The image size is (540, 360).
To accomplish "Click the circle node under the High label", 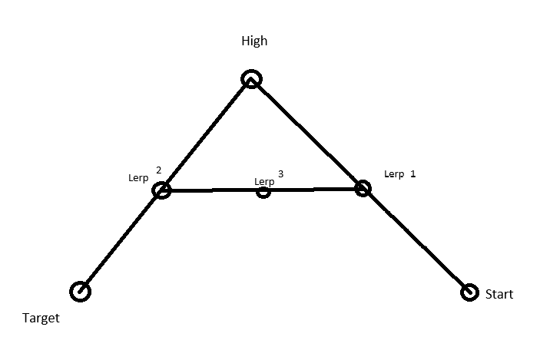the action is coord(251,78).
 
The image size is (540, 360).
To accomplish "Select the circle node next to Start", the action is coord(469,292).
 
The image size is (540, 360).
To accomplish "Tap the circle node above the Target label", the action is coord(80,291).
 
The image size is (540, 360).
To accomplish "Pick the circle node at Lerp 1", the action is coord(363,187).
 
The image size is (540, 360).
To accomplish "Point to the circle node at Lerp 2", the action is coord(161,190).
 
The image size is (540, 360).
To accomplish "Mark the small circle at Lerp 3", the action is coord(263,191).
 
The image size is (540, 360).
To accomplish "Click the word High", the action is coord(254,41).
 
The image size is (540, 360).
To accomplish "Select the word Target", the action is coord(41,318).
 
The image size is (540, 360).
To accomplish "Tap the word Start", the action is coord(499,294).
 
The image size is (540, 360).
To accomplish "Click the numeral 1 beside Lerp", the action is coord(412,174).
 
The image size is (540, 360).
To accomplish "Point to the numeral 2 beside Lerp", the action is coord(158,170).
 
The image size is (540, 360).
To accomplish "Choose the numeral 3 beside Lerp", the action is coord(280,174).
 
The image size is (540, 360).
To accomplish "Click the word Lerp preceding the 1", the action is coord(393,174).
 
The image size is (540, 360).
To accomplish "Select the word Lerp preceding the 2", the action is coord(138,178).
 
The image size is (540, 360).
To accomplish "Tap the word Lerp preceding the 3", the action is coord(264,181).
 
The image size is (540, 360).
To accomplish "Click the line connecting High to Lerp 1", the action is coord(307,133).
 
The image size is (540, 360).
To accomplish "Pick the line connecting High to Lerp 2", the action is coord(206,134).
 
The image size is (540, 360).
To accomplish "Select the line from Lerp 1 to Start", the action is coord(416,239).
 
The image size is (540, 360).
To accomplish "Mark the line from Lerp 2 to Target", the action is coord(121,240).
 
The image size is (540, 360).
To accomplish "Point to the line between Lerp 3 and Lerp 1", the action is coord(313,189).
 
